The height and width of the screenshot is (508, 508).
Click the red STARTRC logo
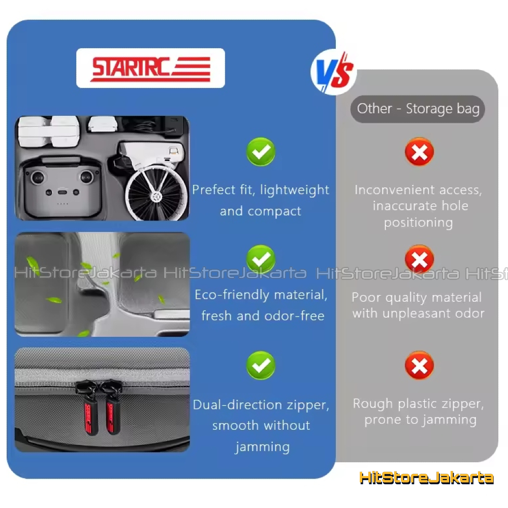coord(151,69)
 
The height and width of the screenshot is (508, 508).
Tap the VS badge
coord(334,73)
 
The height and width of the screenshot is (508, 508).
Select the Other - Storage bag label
coord(418,109)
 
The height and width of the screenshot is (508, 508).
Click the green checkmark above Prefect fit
coord(261,151)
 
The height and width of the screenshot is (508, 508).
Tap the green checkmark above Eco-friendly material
coord(261,259)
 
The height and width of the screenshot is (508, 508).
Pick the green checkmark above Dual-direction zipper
coord(261,365)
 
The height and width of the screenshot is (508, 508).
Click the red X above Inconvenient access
coord(419,151)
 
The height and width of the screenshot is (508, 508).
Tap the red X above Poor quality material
coord(419,259)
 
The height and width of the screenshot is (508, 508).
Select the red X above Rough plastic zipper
coord(419,365)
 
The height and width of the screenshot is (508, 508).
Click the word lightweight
coord(295,190)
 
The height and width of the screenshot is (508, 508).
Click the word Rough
coord(373,404)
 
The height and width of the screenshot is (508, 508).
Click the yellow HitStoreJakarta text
coord(426,478)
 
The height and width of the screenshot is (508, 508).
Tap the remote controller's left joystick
coord(38,177)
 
